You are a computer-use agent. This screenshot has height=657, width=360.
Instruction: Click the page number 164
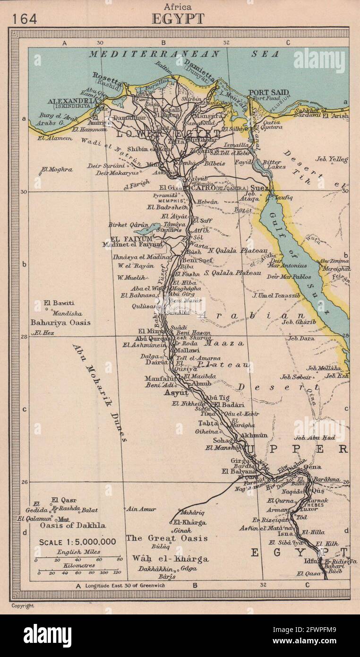(x=24, y=18)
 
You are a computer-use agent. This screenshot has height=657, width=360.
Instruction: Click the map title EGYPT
(x=178, y=19)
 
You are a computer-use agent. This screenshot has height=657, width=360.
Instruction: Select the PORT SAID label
(x=269, y=92)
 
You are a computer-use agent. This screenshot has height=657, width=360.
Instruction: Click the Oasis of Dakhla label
(x=73, y=525)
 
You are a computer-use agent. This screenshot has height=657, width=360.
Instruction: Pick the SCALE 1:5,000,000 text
(x=77, y=542)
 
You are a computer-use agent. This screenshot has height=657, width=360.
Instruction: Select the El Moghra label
(x=56, y=169)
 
